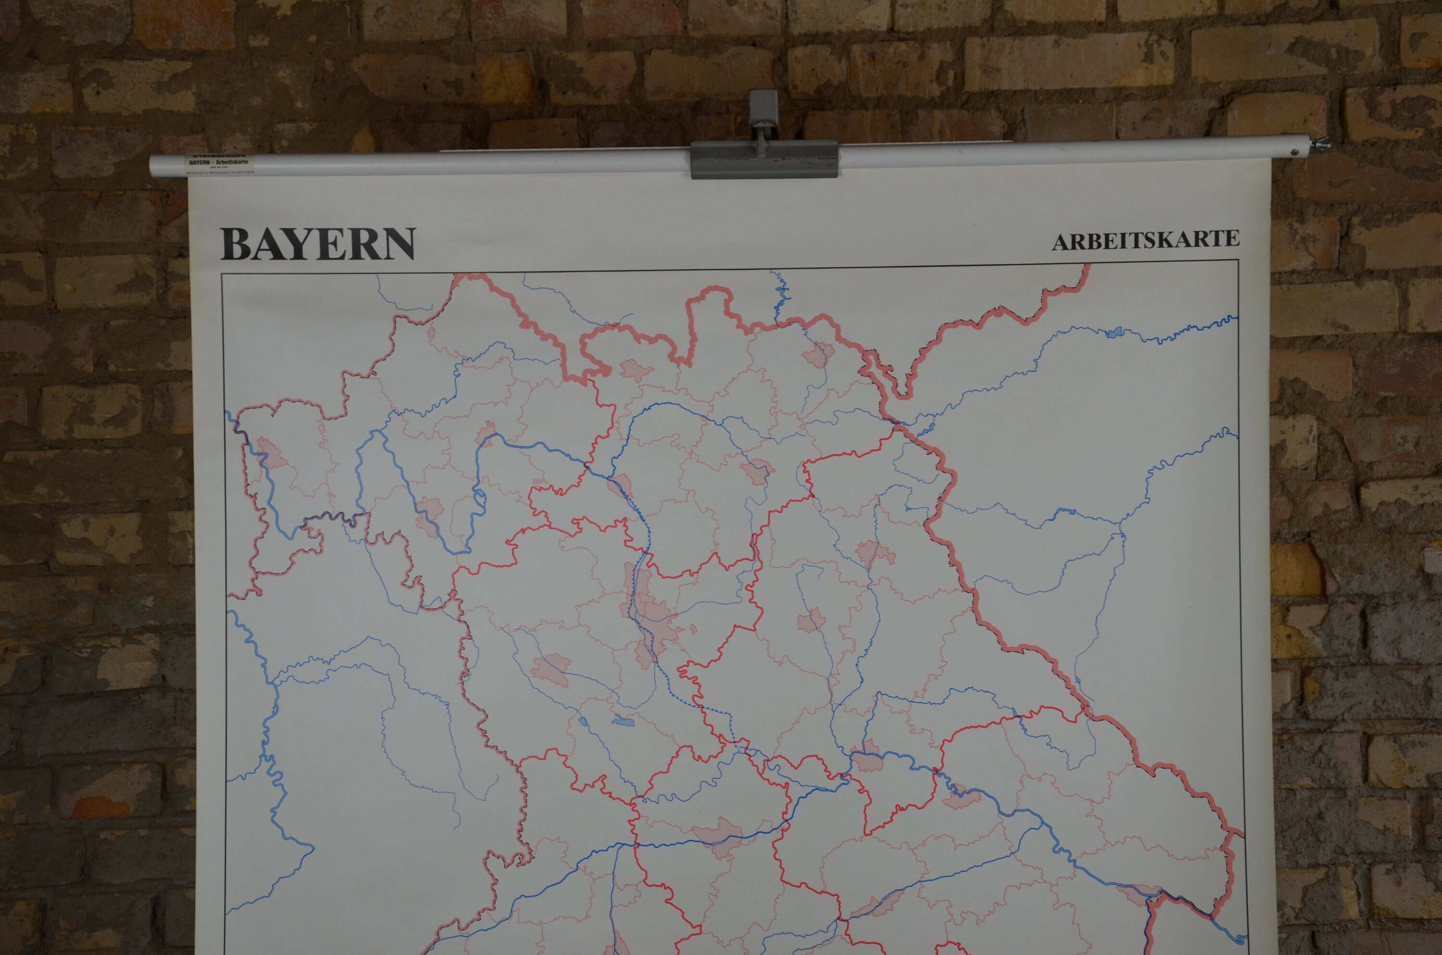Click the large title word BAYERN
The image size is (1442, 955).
click(317, 244)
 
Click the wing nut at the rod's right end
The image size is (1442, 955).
click(1320, 145)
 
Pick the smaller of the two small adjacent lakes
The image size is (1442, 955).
click(582, 722)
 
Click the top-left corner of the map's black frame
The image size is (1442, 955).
click(222, 274)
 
